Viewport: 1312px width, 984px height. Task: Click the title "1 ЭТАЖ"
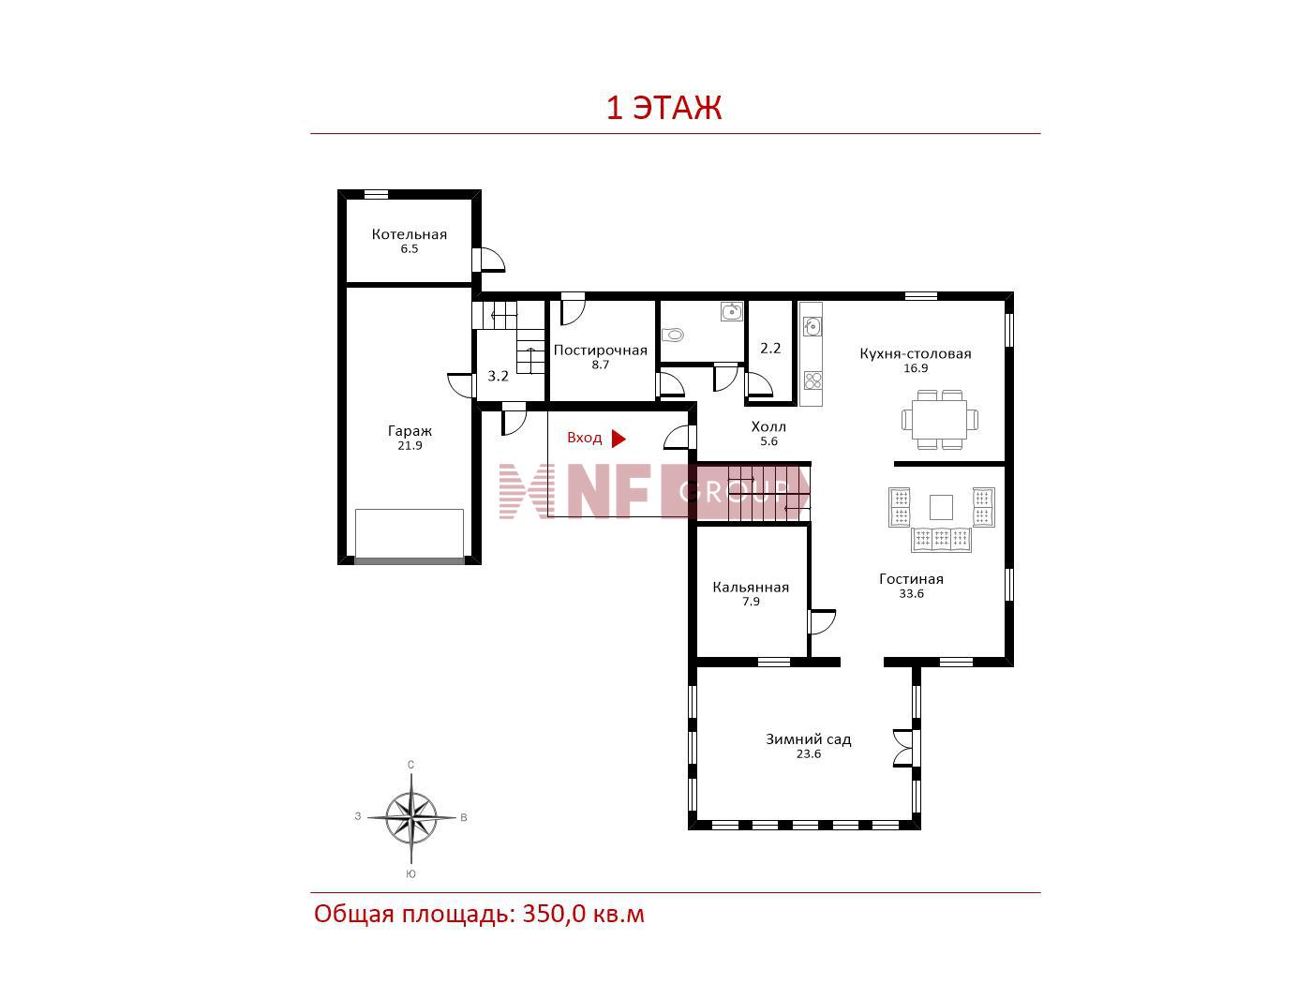tap(663, 108)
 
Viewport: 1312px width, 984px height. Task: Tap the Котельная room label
tap(409, 234)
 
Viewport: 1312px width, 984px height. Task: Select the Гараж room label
tap(410, 431)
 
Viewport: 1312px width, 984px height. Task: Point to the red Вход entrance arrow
tap(618, 439)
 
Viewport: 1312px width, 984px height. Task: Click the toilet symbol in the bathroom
tap(673, 335)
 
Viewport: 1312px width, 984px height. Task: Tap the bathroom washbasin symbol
tap(731, 312)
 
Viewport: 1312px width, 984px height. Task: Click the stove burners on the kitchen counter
tap(812, 380)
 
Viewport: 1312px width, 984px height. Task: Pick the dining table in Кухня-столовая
tap(939, 420)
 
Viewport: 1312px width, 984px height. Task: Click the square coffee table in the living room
tap(941, 507)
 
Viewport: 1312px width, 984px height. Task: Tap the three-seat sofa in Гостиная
tap(941, 539)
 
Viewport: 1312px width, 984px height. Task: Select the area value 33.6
tap(911, 594)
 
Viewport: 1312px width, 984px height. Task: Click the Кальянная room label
tap(750, 588)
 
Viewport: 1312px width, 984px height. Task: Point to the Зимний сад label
tap(808, 739)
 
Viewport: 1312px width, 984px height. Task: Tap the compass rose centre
tap(411, 816)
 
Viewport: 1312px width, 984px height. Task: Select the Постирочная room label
tap(600, 350)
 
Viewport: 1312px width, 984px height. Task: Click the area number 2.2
tap(770, 348)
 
